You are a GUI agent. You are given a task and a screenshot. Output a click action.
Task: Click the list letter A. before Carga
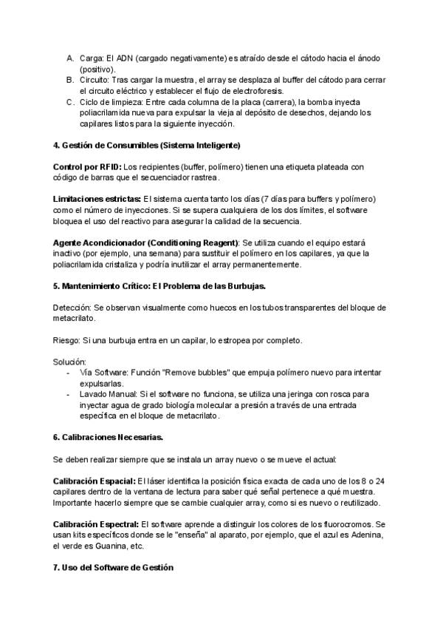coord(70,58)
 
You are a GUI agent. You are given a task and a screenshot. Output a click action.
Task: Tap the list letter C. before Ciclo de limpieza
coord(70,102)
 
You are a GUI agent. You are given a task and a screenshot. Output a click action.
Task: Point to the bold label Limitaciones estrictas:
coord(97,200)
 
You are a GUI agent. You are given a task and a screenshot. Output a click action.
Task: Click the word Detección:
coord(72,307)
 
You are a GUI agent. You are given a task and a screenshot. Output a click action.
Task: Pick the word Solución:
coord(70,362)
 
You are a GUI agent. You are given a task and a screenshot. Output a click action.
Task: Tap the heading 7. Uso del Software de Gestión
coord(113,567)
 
